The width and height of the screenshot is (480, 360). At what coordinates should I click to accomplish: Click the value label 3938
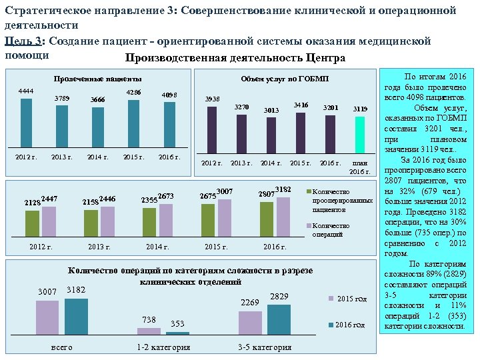[212, 99]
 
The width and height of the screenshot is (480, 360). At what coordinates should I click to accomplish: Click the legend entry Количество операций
[331, 230]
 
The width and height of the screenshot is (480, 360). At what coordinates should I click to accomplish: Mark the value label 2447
[49, 198]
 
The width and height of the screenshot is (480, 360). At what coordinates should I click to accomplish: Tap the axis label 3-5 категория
[265, 347]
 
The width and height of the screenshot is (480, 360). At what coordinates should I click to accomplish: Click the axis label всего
[61, 347]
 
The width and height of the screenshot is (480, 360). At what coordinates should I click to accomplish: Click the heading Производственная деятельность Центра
[235, 58]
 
